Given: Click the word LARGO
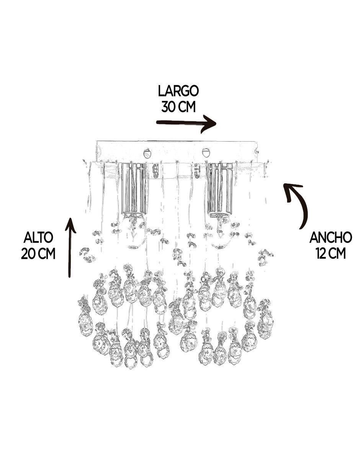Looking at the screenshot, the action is (178, 91).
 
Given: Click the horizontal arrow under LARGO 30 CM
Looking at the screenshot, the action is (187, 123).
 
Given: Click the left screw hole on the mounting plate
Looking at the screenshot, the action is (147, 153).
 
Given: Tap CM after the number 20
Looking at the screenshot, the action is (47, 254).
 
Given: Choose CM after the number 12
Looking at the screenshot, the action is (337, 253).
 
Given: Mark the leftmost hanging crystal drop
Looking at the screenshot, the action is (86, 318).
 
